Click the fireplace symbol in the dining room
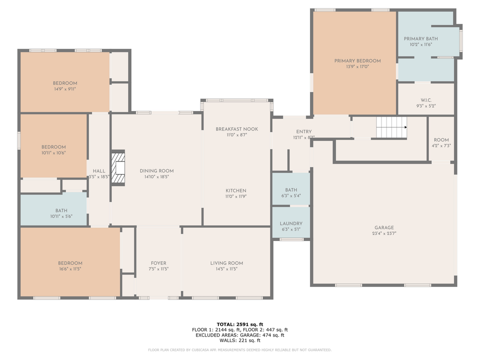[118, 168]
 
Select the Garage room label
[384, 227]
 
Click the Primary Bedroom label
[357, 61]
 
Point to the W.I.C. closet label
[426, 99]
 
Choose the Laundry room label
[290, 223]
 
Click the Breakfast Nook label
[236, 129]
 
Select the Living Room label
[226, 263]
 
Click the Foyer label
[158, 263]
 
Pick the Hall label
[98, 171]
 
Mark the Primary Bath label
[420, 38]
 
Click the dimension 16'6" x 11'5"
[69, 269]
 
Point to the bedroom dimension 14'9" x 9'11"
[65, 89]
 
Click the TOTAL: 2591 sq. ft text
[239, 324]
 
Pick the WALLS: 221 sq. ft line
[239, 340]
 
